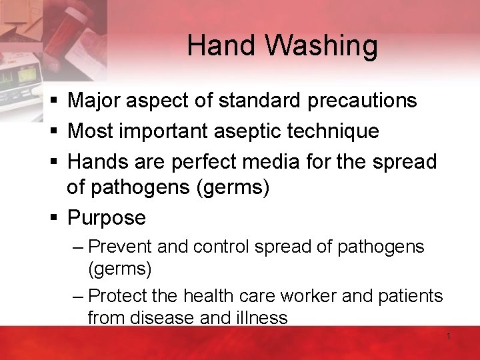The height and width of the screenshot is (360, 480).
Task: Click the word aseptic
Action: [x=248, y=131]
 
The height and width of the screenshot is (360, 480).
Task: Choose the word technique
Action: [x=333, y=131]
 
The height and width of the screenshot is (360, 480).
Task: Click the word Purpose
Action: [x=107, y=218]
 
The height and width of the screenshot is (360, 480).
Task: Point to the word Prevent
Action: [x=121, y=247]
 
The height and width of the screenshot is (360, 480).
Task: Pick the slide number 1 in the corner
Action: [x=449, y=337]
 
